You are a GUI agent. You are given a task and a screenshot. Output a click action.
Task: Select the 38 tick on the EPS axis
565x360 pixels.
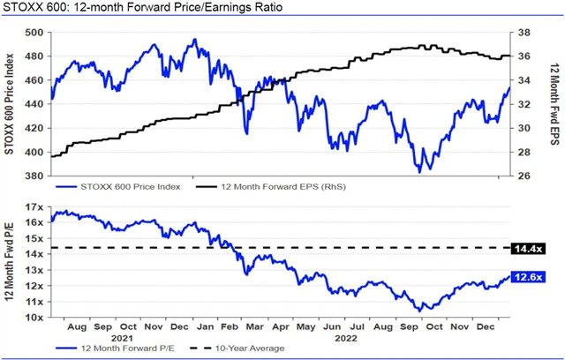(x=522, y=33)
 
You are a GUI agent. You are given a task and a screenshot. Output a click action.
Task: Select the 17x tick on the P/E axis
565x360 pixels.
(x=35, y=206)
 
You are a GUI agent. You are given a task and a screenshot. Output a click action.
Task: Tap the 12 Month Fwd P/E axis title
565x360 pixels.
(x=11, y=262)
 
